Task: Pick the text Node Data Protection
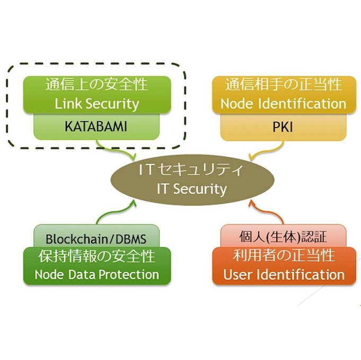click(x=96, y=275)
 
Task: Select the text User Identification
click(x=284, y=275)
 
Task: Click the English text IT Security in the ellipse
click(x=191, y=189)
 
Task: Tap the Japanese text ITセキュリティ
click(x=191, y=170)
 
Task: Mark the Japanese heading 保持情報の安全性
click(x=96, y=256)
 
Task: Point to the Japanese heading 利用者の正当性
click(x=284, y=256)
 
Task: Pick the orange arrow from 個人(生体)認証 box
click(x=265, y=212)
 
